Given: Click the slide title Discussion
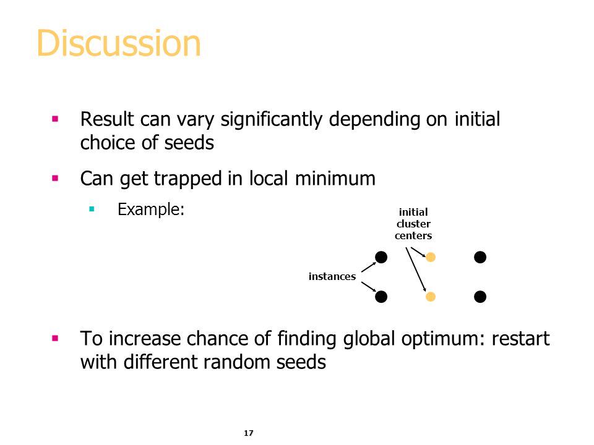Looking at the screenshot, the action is point(119,43).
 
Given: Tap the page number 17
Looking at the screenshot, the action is point(249,433).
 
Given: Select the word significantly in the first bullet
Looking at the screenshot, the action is point(272,121).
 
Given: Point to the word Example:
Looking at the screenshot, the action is point(151,210).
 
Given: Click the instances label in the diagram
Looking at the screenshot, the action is point(332,277).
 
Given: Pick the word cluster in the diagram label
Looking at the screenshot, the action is point(413,224).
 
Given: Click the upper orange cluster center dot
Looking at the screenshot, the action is point(431,257).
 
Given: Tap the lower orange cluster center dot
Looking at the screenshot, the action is point(431,297).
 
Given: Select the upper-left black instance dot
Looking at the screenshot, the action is point(381,257).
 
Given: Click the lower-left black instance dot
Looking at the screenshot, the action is point(381,297).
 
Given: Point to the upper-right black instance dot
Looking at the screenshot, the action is point(480,257).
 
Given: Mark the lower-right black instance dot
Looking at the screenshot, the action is point(480,297).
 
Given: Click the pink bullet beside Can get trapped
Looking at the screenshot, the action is point(55,178).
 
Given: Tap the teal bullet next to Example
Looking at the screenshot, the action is point(92,208).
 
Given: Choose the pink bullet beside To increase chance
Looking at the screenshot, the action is point(55,338).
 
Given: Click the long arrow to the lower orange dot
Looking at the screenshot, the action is point(416,269).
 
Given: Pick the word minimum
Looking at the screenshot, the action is point(335,179).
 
